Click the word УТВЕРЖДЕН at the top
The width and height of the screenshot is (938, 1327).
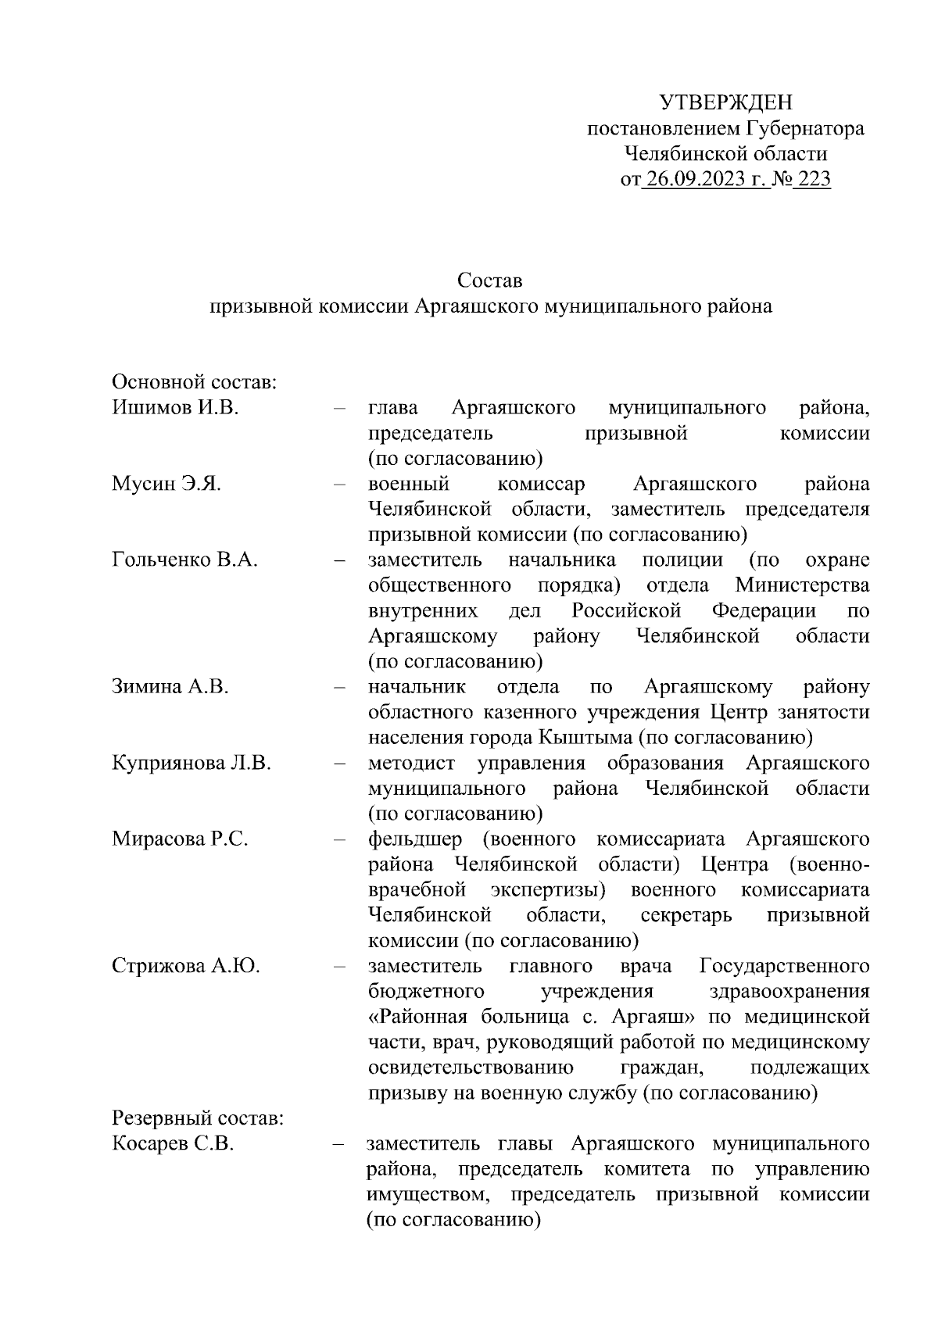click(725, 102)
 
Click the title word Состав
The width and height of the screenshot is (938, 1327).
click(490, 280)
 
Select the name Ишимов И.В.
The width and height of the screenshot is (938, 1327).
click(175, 408)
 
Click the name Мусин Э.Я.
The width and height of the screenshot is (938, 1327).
click(166, 484)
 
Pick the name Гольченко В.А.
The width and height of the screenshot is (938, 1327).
click(184, 560)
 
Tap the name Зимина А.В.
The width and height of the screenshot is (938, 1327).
click(170, 687)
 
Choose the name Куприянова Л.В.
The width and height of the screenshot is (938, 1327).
click(192, 763)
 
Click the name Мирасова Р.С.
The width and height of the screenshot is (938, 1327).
click(180, 839)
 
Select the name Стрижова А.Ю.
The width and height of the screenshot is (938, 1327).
click(186, 966)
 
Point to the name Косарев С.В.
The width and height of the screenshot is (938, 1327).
click(173, 1144)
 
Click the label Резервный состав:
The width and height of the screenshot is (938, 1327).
click(198, 1118)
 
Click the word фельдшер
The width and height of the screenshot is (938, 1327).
click(415, 839)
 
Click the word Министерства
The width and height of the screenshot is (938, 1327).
click(802, 585)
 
